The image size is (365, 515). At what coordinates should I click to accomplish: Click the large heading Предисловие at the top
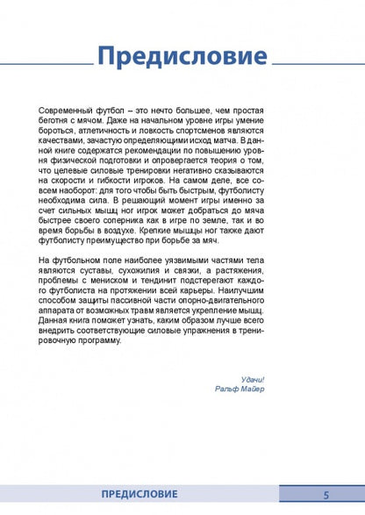[182, 58]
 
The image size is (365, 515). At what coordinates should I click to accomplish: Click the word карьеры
[218, 324]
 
